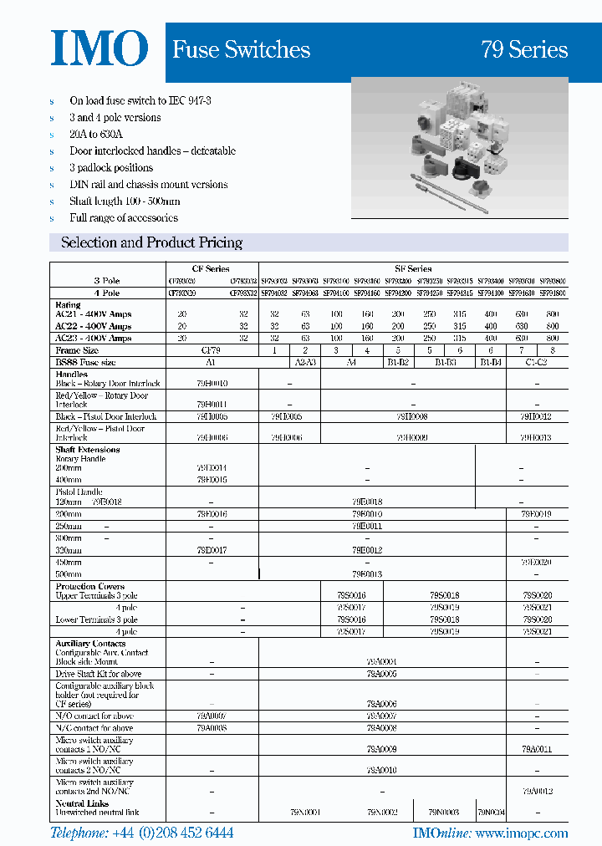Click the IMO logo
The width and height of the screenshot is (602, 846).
pos(99,49)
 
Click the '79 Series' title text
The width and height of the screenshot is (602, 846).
pos(524,50)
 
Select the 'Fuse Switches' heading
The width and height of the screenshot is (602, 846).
pos(241,50)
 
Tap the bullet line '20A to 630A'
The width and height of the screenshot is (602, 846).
pos(96,134)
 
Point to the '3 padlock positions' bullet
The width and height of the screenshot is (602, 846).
pos(111,167)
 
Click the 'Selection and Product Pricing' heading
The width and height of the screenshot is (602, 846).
pos(151,242)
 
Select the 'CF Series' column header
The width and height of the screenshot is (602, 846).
pos(211,269)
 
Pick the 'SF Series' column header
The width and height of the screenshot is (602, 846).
pos(412,269)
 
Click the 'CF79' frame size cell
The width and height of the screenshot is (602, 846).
pos(211,350)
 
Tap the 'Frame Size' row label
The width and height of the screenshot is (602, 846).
pos(77,350)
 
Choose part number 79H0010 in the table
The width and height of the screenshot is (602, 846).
pos(212,383)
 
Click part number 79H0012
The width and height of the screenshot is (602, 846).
pos(536,415)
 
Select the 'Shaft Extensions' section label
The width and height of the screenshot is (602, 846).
pos(87,450)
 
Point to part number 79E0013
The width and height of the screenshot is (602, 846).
pos(367,574)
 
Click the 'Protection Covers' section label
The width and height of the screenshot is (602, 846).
pos(89,587)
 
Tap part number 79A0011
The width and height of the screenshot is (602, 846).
pos(536,750)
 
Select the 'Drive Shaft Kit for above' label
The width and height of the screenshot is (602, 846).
pos(99,674)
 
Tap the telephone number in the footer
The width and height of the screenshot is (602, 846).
pos(141,833)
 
